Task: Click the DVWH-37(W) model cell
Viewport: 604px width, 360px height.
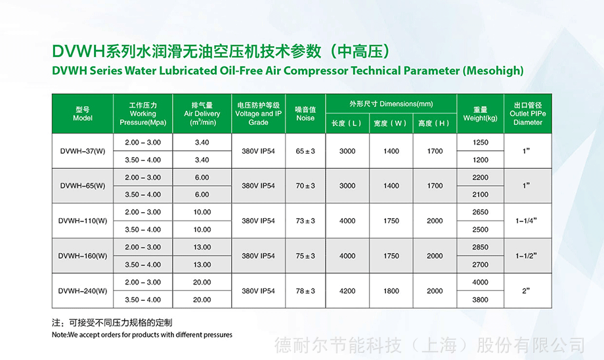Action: pos(83,151)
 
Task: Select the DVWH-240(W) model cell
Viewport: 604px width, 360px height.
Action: pos(83,291)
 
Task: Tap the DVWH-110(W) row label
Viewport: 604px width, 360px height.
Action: pos(83,221)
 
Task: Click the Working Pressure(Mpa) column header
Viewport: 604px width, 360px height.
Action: pos(143,114)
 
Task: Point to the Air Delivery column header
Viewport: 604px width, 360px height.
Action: pos(202,114)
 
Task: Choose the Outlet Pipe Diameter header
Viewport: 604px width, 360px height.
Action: pos(528,114)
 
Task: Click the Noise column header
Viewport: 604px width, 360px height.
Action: pos(305,114)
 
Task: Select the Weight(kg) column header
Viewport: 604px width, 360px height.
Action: pos(481,114)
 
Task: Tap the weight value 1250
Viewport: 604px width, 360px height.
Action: pos(481,143)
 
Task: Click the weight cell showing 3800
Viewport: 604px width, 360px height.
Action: pos(481,300)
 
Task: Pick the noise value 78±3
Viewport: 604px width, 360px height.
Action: pos(305,291)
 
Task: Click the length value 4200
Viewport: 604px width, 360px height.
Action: pos(347,291)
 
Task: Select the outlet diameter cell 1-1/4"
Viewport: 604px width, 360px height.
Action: pos(526,221)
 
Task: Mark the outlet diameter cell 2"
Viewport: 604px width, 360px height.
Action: pos(526,291)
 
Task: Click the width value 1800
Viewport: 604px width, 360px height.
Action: pos(391,291)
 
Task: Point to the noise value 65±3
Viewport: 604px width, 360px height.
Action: pos(305,151)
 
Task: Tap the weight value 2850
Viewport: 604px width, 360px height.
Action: pos(481,247)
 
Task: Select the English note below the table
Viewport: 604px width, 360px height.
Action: pos(142,335)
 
